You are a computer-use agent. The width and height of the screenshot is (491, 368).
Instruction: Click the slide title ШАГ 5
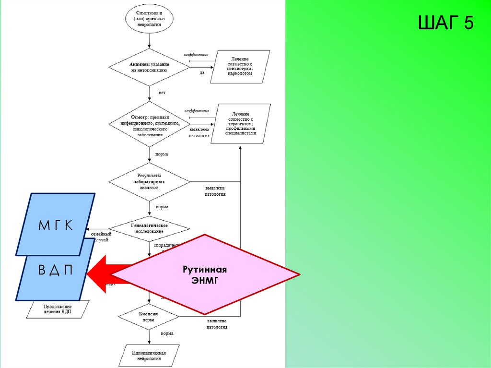click(445, 23)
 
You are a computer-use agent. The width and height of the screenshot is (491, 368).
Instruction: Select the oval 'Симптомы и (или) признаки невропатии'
click(149, 19)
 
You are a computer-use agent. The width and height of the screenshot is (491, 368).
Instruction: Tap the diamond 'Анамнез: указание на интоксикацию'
click(149, 67)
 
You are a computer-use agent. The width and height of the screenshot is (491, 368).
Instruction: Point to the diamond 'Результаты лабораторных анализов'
click(149, 182)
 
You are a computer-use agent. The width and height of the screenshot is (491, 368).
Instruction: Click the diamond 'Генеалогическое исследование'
click(149, 228)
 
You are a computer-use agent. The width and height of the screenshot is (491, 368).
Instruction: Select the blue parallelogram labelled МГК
click(56, 224)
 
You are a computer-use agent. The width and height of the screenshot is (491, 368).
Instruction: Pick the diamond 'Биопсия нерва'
click(149, 316)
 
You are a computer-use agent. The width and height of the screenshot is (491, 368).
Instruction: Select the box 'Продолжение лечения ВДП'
click(58, 309)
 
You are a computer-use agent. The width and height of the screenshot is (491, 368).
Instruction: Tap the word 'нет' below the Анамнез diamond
click(162, 93)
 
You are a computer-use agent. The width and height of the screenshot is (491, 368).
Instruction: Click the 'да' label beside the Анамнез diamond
click(202, 73)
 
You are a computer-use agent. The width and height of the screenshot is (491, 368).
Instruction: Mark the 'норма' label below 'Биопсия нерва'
click(167, 333)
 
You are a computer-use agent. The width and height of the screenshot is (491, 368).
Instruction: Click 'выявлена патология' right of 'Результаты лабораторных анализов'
click(215, 191)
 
